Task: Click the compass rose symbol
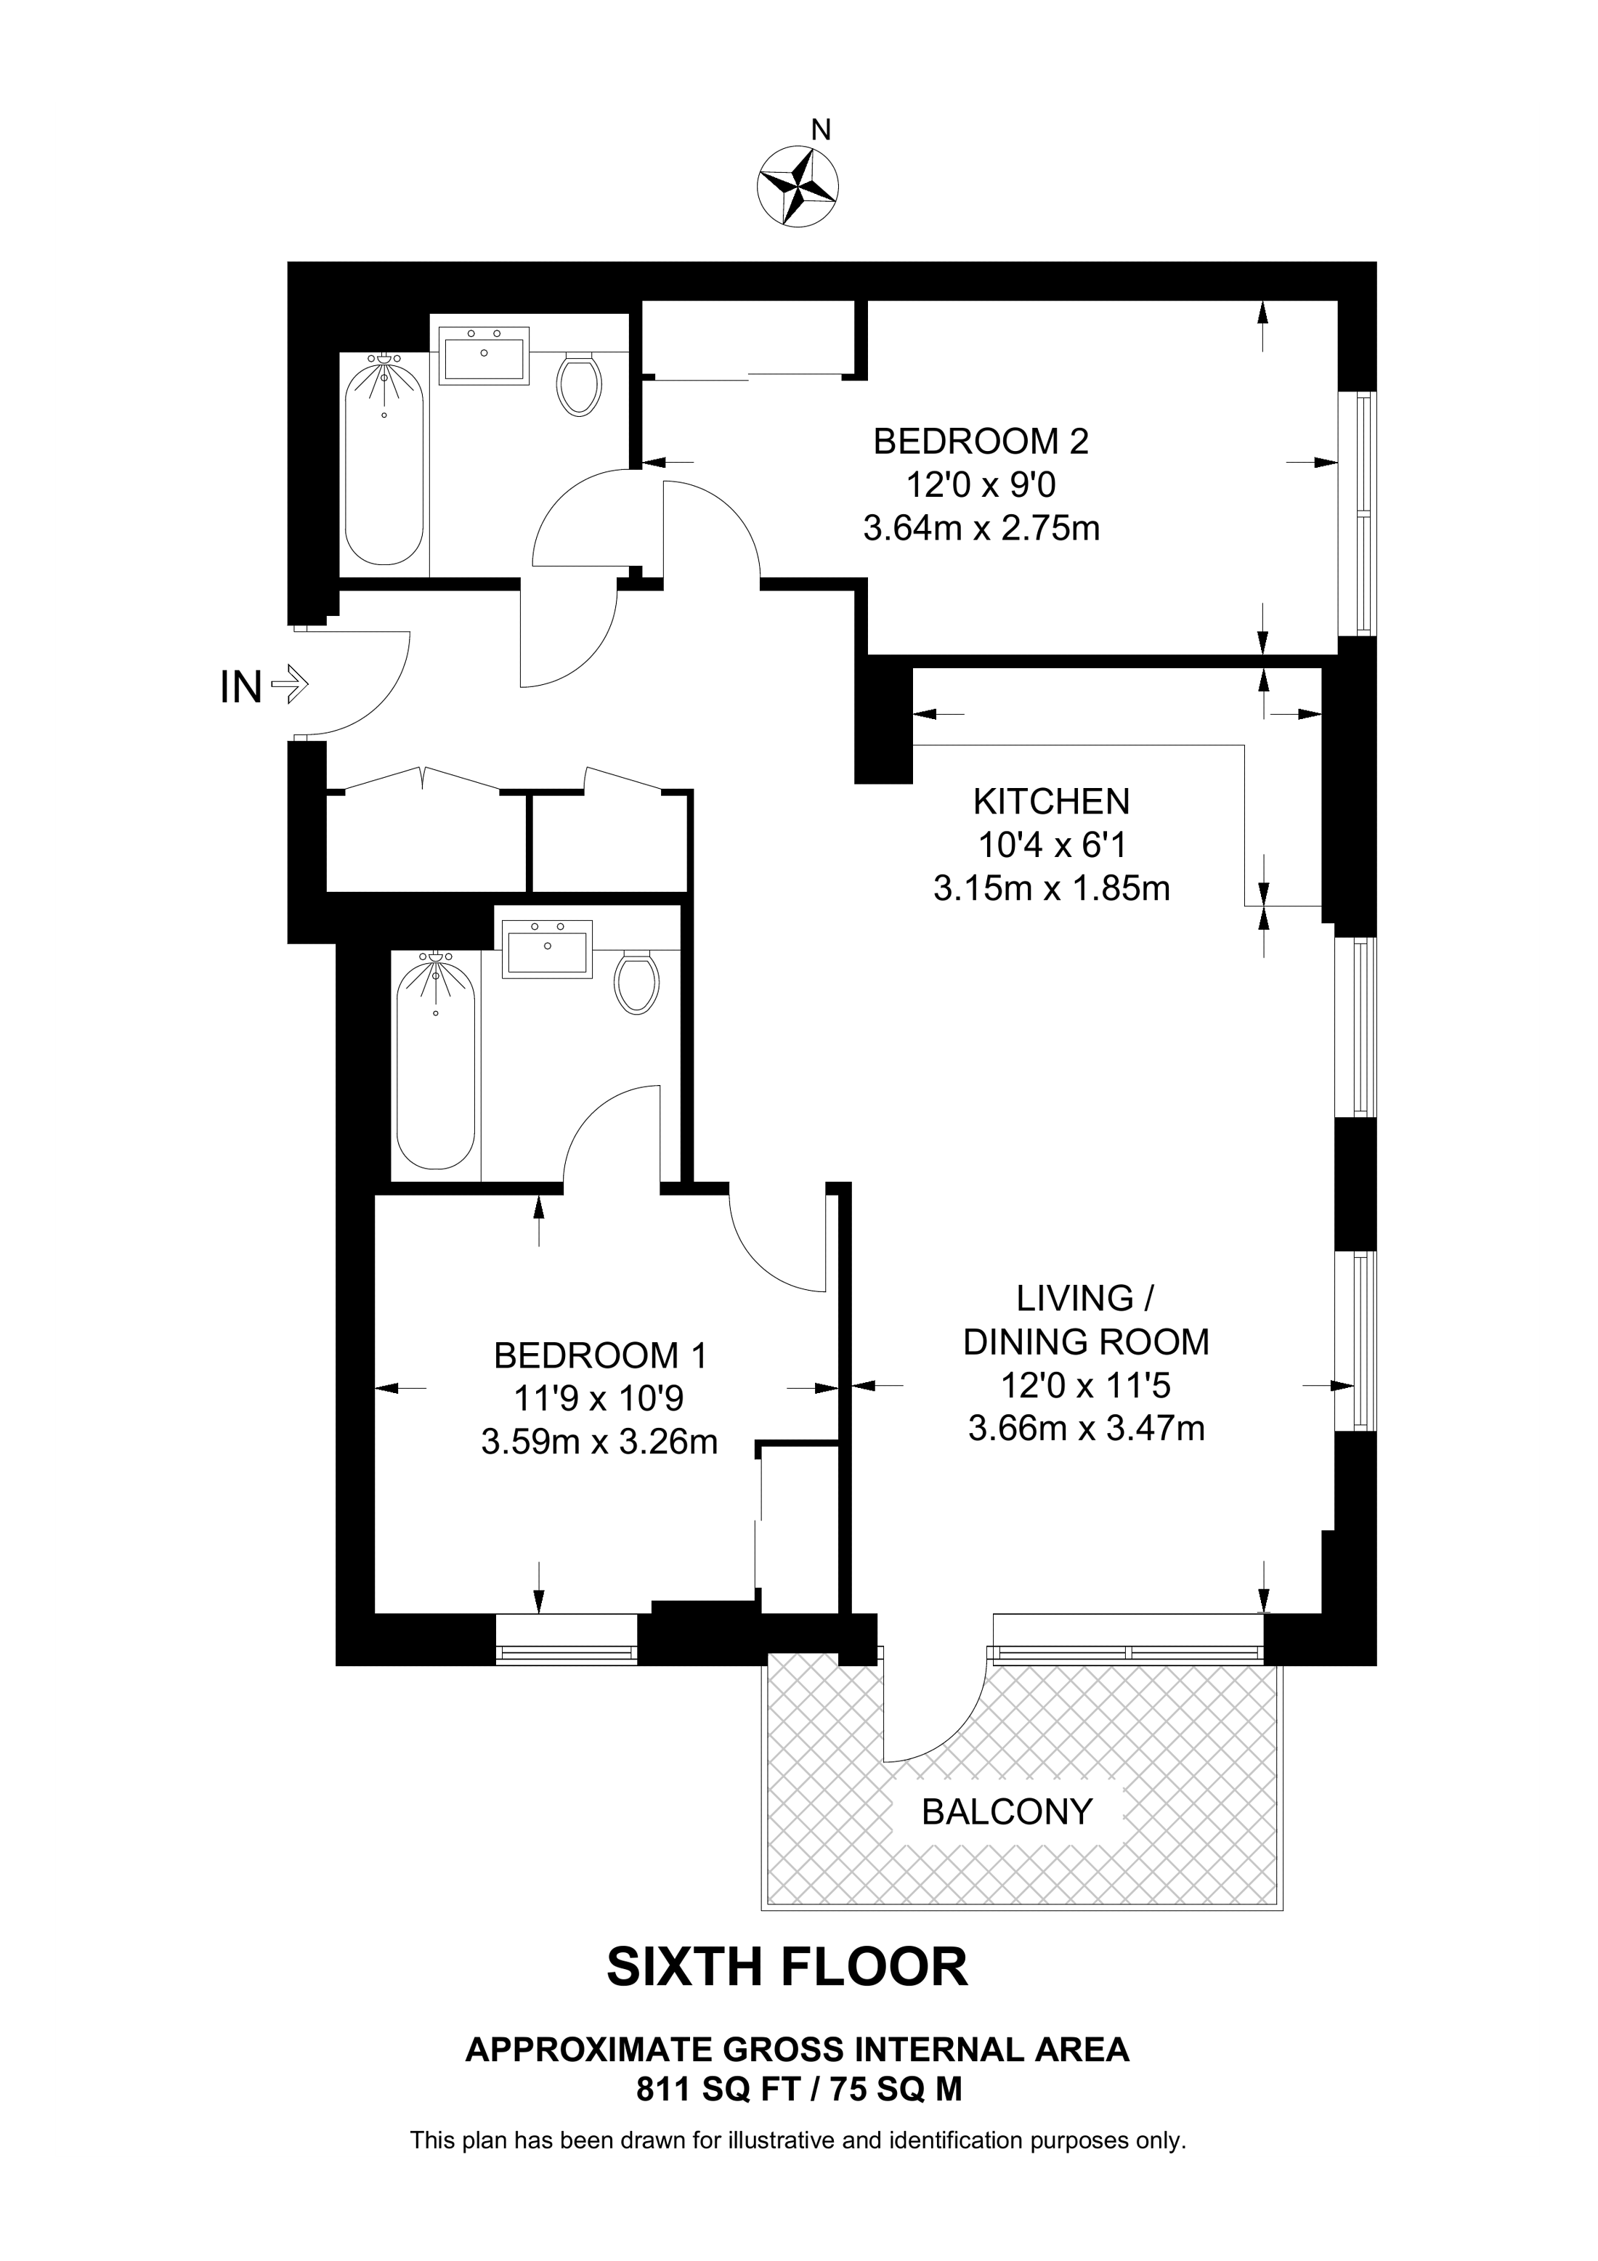(x=798, y=185)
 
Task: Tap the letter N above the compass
(x=821, y=130)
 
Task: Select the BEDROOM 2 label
(x=981, y=441)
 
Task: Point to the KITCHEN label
(x=1052, y=802)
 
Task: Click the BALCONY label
(x=1007, y=1811)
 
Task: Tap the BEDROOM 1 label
(x=600, y=1356)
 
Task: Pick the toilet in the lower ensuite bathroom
(x=636, y=981)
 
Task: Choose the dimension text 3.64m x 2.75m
(x=981, y=529)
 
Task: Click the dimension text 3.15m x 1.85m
(x=1052, y=889)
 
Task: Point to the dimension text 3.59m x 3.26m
(x=600, y=1442)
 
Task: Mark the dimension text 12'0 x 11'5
(x=1086, y=1387)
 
